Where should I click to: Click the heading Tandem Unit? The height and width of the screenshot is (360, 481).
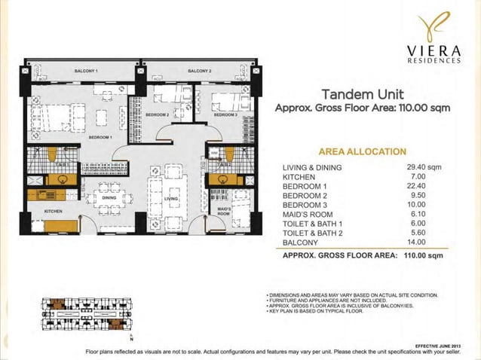click(363, 95)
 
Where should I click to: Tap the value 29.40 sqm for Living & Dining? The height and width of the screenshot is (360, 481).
click(423, 167)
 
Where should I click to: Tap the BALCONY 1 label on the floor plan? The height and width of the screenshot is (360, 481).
click(87, 70)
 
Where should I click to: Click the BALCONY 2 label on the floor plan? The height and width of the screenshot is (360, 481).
click(199, 70)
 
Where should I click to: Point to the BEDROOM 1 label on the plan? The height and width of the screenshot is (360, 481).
click(100, 139)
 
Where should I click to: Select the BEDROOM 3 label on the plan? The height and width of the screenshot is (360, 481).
click(225, 115)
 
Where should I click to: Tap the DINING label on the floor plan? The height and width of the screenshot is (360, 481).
click(109, 197)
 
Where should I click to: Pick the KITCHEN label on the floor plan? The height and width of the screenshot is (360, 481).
click(53, 212)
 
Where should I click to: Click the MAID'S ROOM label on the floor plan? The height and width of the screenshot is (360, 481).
click(223, 210)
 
